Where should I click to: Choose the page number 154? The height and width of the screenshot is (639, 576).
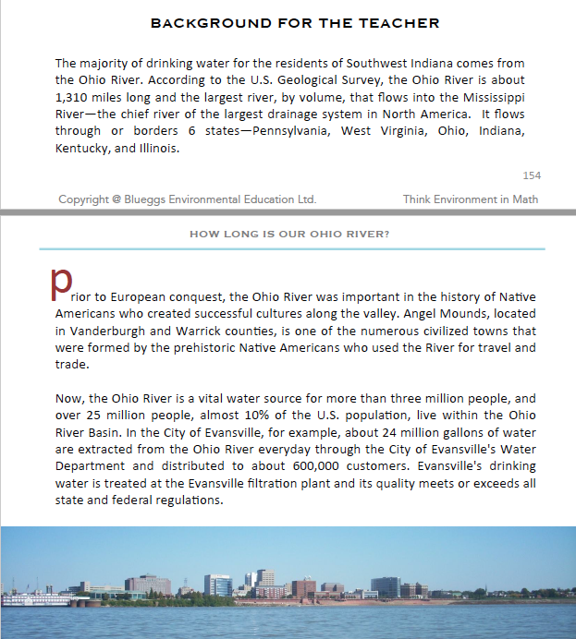(x=532, y=175)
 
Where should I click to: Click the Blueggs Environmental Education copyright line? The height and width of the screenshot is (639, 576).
(x=187, y=199)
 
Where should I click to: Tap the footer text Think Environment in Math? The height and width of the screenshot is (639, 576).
(x=471, y=199)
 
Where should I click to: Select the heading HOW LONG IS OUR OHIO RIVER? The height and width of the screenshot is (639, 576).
(x=289, y=235)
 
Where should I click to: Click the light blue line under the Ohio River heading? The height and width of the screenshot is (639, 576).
(x=292, y=249)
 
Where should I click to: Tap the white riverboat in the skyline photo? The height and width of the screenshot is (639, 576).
(x=35, y=598)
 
